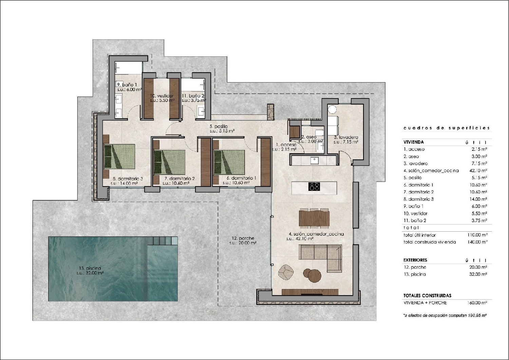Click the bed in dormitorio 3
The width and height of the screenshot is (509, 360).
tap(119, 156)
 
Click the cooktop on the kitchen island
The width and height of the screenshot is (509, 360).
tap(314, 186)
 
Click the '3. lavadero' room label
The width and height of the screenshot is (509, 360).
tap(346, 137)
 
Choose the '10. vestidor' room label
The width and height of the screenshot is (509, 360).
tap(162, 96)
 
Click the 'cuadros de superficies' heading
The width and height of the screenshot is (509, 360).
tap(447, 128)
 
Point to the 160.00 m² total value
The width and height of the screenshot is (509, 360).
tap(477, 303)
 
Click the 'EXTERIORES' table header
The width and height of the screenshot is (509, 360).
tap(415, 260)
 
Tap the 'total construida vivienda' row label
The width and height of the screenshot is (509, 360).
tap(430, 242)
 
